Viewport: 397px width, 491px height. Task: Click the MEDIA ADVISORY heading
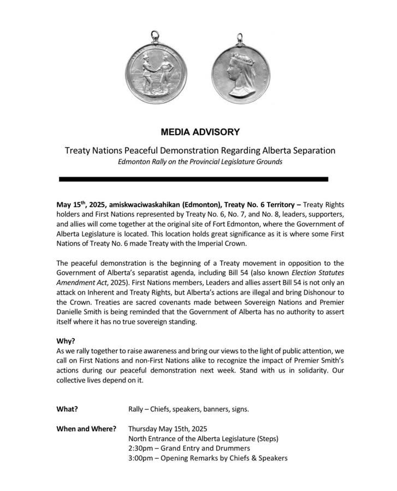point(200,132)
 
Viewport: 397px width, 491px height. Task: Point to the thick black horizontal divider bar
point(193,179)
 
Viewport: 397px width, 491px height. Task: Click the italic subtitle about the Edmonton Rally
point(200,162)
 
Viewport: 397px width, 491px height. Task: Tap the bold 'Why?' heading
point(66,342)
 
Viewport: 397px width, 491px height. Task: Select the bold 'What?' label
point(67,409)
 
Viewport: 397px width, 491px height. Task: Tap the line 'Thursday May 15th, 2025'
point(167,429)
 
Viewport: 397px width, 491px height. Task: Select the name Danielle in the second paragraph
point(73,312)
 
